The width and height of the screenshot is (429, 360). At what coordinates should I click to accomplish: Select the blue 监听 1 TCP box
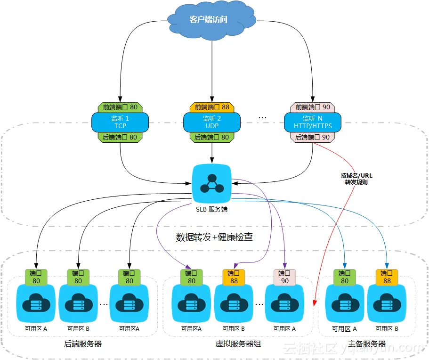tap(120, 123)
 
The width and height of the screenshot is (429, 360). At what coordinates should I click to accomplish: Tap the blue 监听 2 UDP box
tap(212, 123)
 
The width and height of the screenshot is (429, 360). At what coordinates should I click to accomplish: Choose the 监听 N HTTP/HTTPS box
tap(313, 123)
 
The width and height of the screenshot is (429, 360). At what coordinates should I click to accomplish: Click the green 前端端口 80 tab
tap(120, 107)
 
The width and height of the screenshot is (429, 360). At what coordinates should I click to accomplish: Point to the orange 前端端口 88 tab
tap(212, 107)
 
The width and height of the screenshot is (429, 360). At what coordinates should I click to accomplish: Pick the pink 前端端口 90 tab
tap(313, 107)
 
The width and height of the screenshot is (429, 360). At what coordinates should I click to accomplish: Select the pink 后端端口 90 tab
tap(313, 138)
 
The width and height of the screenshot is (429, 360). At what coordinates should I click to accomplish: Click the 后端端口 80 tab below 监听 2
tap(212, 138)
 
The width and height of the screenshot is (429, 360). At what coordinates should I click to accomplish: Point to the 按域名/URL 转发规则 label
tap(356, 179)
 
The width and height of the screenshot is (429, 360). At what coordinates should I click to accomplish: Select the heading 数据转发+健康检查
tap(215, 237)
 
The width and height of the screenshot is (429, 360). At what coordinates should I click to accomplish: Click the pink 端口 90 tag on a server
tap(285, 277)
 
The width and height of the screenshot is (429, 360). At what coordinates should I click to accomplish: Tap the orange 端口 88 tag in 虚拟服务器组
tap(234, 277)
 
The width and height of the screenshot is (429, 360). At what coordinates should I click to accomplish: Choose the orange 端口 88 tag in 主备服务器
tap(387, 277)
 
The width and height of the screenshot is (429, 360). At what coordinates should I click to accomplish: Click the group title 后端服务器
tap(83, 344)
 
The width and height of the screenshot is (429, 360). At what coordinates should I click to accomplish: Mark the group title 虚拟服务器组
tap(238, 344)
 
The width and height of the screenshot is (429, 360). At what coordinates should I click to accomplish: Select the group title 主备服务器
tap(367, 344)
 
